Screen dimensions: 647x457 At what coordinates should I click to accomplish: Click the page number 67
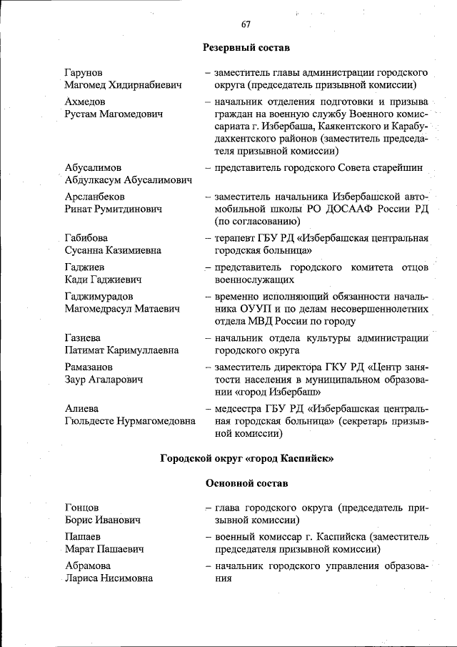(x=246, y=24)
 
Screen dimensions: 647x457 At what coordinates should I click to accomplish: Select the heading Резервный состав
(x=246, y=48)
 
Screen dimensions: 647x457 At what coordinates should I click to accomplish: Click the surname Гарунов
(x=84, y=73)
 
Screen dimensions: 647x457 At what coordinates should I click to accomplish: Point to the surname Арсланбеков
(x=95, y=197)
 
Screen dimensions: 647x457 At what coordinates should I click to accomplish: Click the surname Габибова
(x=89, y=238)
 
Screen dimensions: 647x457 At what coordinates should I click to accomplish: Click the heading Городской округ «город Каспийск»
(x=246, y=458)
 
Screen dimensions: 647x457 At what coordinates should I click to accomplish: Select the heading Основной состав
(x=246, y=483)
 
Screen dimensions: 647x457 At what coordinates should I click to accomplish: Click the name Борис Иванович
(x=102, y=520)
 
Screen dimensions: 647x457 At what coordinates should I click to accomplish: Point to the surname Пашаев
(x=83, y=537)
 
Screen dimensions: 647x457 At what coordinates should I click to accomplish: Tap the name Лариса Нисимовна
(x=108, y=578)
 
